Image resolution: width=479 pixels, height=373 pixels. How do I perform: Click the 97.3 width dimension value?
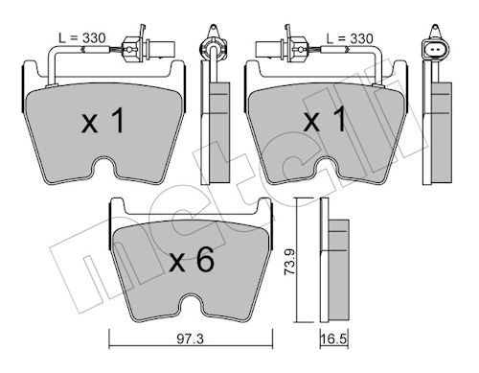point(191,338)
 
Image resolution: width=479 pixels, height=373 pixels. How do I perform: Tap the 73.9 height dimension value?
point(290,262)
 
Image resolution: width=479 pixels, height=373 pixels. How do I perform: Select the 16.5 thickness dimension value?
point(333,339)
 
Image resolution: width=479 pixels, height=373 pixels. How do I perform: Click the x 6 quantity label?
point(192,261)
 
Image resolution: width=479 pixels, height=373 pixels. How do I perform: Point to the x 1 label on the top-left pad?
point(103,121)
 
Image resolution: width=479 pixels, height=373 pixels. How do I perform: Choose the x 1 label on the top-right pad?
point(325,120)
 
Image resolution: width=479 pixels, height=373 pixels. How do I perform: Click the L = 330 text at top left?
point(82,38)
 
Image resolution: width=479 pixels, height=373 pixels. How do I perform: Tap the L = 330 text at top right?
point(350,38)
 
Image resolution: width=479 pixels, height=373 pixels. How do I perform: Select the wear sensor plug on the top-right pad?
point(281,48)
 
